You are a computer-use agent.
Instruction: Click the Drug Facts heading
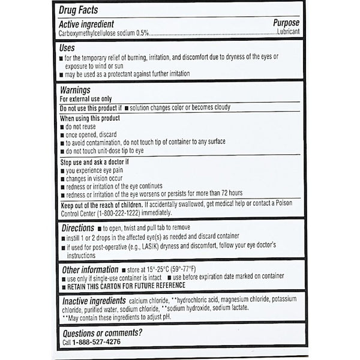click(79, 11)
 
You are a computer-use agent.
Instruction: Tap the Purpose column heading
click(285, 23)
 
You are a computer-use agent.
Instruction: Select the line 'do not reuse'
click(82, 127)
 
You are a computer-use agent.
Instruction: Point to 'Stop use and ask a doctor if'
click(95, 162)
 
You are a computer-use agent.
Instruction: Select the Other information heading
click(89, 269)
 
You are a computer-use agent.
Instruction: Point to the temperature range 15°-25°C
click(163, 269)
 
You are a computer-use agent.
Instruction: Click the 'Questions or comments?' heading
click(102, 332)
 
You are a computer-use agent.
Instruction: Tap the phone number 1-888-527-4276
click(96, 342)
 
